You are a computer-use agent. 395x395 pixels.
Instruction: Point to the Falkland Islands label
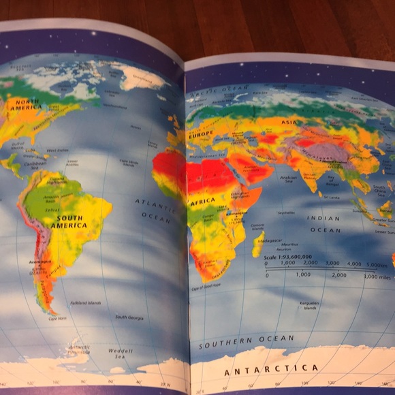[85, 303]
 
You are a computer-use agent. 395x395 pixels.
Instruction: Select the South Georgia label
[129, 317]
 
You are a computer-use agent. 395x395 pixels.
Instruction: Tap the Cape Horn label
[57, 318]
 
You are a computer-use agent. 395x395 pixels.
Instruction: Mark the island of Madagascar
[257, 244]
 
